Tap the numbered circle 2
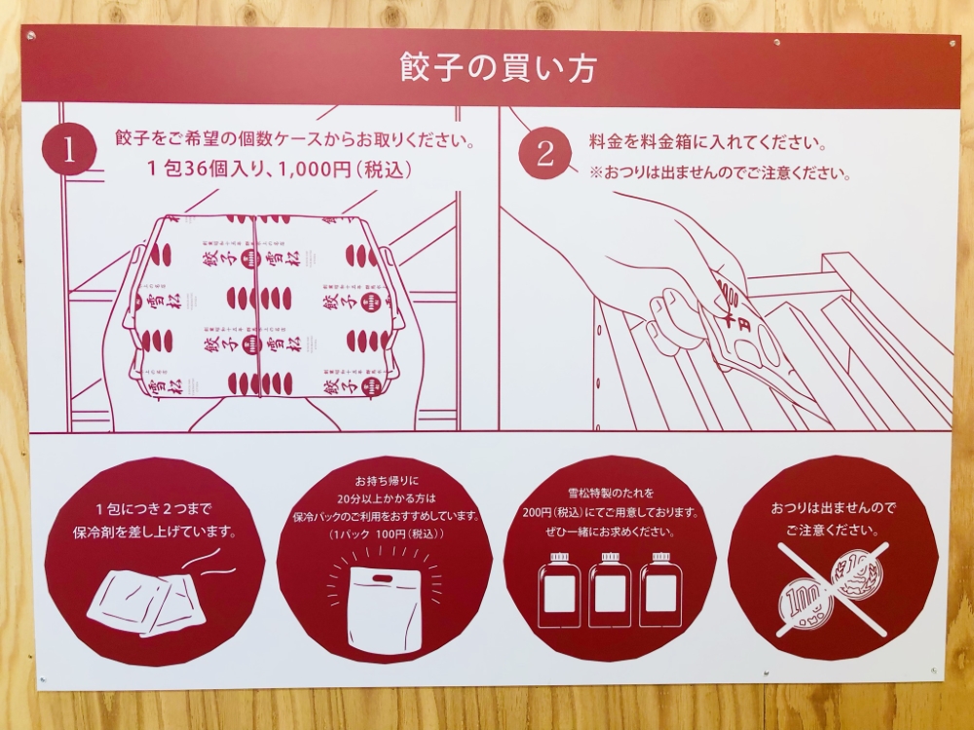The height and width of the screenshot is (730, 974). [x=544, y=153]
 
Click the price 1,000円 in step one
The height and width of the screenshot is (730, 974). [x=312, y=168]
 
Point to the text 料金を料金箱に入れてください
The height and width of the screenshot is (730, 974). [x=707, y=142]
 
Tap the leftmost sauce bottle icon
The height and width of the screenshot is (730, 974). [x=559, y=590]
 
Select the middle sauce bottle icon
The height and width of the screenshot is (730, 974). [x=610, y=590]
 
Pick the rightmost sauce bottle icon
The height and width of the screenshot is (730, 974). [x=660, y=590]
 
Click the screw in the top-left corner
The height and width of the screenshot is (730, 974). [x=31, y=36]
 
